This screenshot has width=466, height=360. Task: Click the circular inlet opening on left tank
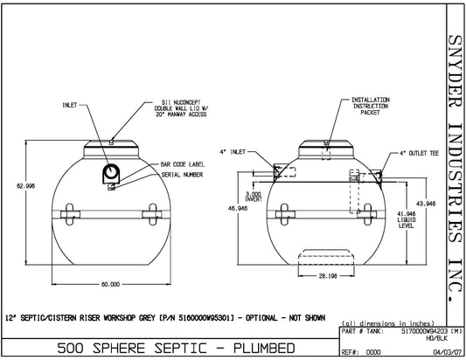[112, 171]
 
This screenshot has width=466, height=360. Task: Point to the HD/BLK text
[425, 337]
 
